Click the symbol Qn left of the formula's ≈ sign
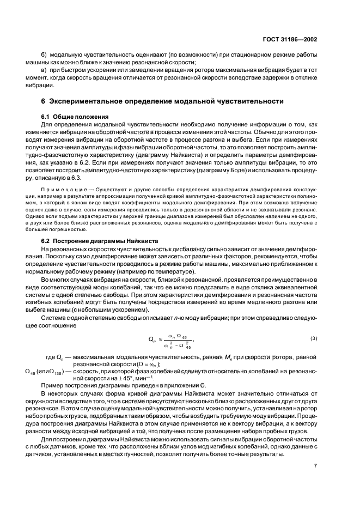[x=152, y=339]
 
